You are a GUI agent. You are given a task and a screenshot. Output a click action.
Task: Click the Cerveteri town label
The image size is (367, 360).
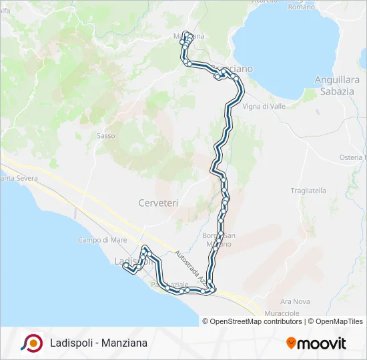click(158, 203)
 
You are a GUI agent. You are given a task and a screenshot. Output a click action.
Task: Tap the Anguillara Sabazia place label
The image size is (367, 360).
click(337, 85)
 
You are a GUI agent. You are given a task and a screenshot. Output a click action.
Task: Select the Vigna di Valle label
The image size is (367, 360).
click(264, 106)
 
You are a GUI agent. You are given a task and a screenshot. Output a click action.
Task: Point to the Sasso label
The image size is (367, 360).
click(106, 136)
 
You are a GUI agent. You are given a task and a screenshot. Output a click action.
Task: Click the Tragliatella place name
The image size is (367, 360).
click(309, 191)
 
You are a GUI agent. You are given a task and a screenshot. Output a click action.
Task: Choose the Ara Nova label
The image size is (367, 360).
click(296, 301)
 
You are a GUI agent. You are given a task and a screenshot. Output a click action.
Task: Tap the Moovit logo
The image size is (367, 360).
click(316, 343)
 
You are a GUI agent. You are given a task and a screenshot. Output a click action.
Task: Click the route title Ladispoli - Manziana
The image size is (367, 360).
click(99, 343)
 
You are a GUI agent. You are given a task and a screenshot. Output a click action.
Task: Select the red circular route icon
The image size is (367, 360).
click(31, 343)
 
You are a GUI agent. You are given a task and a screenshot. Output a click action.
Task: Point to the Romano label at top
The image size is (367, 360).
click(300, 7)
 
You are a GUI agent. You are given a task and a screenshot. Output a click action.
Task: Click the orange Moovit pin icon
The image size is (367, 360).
click(291, 343)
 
